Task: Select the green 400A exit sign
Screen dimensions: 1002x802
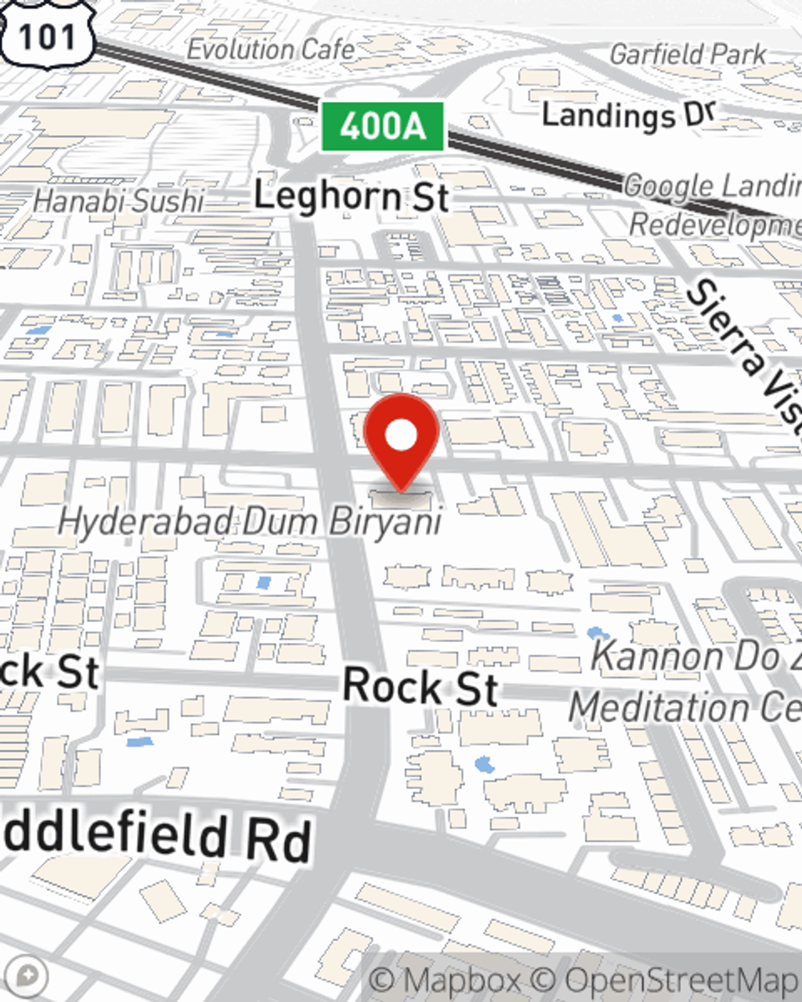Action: (383, 127)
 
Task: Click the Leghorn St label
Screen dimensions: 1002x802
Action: (351, 196)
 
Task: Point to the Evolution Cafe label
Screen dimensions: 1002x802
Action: (270, 50)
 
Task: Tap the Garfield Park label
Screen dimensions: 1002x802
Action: (688, 55)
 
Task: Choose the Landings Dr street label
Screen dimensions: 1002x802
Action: (627, 115)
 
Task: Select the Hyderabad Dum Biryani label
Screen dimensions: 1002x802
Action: (249, 523)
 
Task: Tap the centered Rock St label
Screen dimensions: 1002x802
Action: (420, 688)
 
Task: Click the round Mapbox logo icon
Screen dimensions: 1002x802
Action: (27, 976)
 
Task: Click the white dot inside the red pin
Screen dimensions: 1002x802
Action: (401, 435)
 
